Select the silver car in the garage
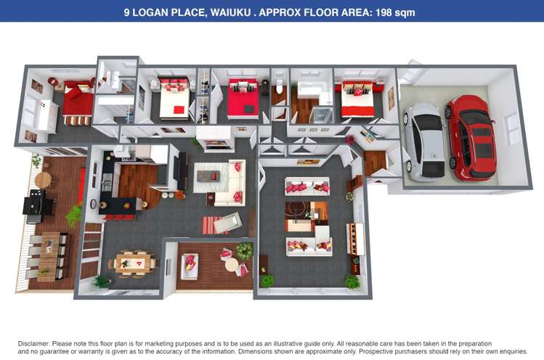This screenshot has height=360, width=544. (424, 142)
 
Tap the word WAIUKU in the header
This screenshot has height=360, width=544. (230, 12)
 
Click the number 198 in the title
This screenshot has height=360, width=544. (384, 12)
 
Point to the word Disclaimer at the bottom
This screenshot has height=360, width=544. (34, 344)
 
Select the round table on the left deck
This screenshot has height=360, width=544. (43, 180)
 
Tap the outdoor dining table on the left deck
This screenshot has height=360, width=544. (49, 256)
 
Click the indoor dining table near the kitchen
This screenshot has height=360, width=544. (134, 263)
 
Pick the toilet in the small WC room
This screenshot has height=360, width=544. (280, 86)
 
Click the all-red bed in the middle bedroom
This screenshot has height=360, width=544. (243, 99)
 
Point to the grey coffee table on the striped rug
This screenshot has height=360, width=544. (208, 176)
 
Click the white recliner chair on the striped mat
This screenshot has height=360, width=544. (227, 222)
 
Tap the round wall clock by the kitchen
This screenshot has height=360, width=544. (94, 203)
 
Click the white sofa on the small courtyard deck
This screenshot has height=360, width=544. (189, 266)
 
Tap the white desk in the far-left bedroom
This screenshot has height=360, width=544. (47, 116)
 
